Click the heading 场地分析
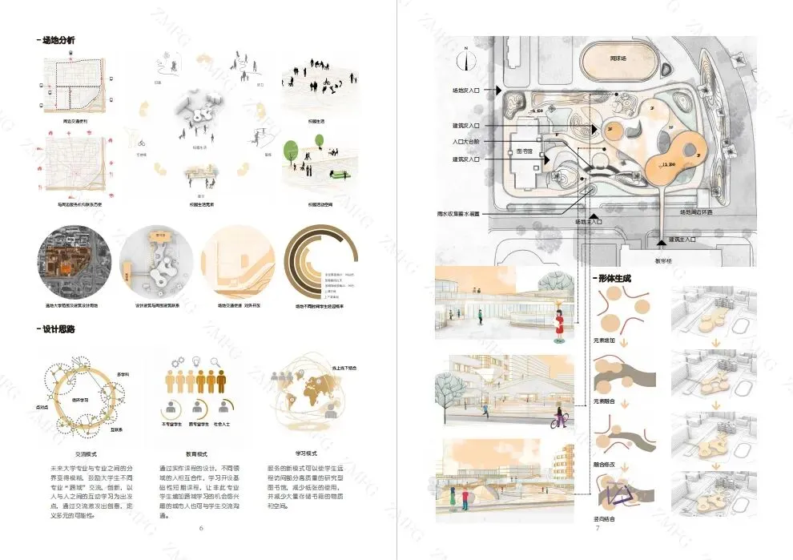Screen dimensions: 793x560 point(58,40)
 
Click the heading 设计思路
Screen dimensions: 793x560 point(58,328)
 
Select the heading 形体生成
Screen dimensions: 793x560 point(614,278)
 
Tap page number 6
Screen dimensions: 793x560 point(201,527)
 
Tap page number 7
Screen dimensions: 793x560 point(597,527)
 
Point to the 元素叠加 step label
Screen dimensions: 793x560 point(605,340)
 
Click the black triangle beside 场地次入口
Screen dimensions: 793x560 point(499,91)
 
